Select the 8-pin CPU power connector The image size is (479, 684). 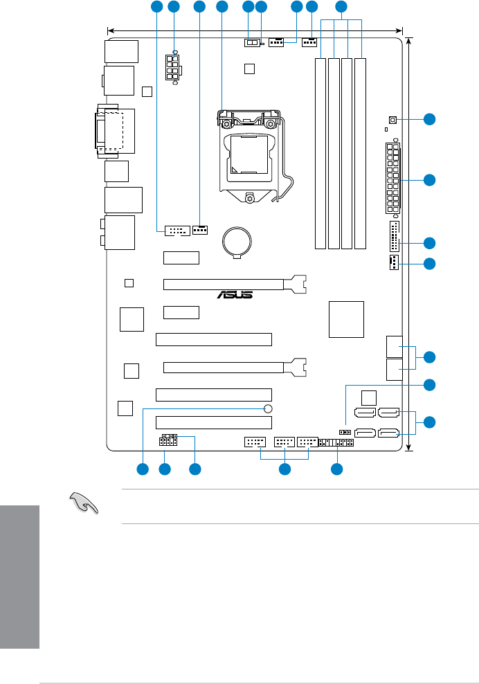(x=173, y=68)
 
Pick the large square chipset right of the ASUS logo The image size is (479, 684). (x=346, y=318)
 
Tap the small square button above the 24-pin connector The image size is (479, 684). (x=392, y=120)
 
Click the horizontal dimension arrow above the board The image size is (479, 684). (x=255, y=30)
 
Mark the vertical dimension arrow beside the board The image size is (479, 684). (x=410, y=242)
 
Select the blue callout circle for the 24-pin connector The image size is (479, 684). (x=431, y=180)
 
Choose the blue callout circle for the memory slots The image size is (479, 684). (x=341, y=8)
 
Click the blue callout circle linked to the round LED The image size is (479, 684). (x=143, y=469)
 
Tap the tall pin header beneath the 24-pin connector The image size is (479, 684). (x=394, y=238)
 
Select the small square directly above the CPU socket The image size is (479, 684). (x=250, y=68)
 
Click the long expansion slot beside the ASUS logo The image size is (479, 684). (x=234, y=283)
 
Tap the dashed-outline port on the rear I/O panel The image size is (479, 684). (x=111, y=132)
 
